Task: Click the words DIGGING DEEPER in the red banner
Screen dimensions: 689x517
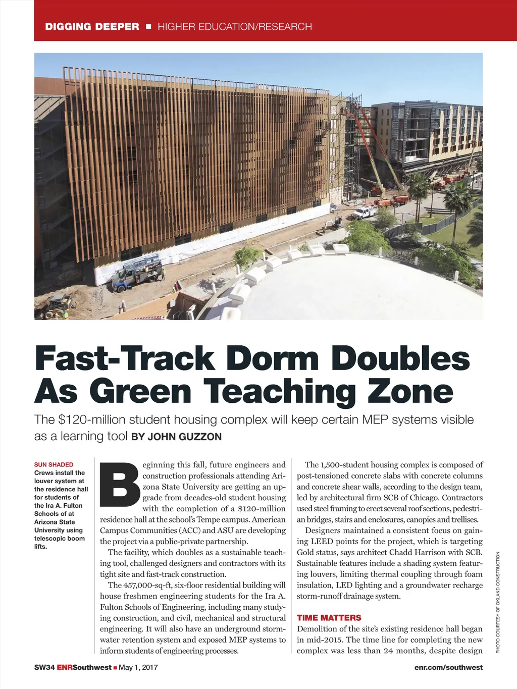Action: pyautogui.click(x=92, y=27)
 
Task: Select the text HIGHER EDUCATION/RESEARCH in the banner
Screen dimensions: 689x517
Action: pyautogui.click(x=235, y=27)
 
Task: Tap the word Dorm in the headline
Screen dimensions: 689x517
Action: pyautogui.click(x=273, y=359)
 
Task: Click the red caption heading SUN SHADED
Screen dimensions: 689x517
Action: pyautogui.click(x=54, y=464)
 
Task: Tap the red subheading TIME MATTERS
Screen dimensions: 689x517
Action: pyautogui.click(x=329, y=618)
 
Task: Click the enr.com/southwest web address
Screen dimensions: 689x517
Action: pyautogui.click(x=448, y=667)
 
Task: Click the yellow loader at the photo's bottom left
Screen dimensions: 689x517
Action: pyautogui.click(x=56, y=306)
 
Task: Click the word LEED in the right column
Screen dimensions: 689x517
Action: pyautogui.click(x=322, y=541)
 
